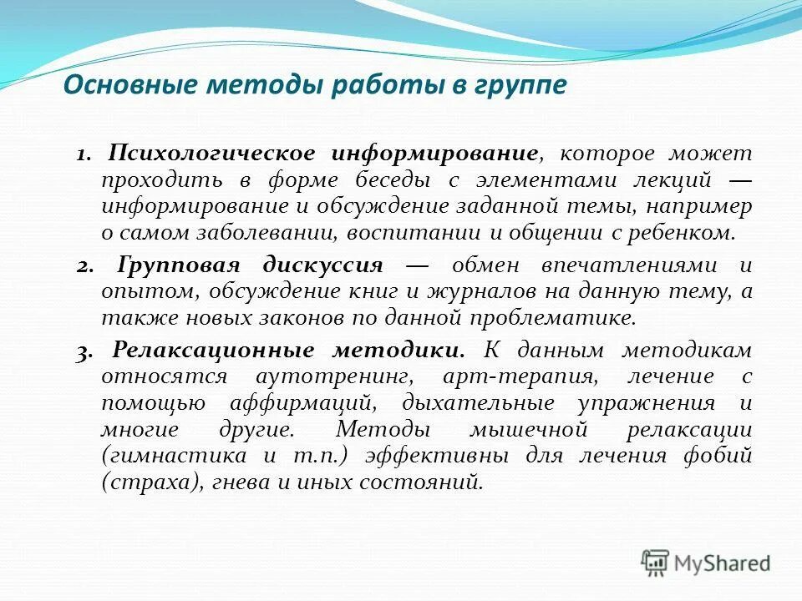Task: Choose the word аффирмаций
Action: [x=302, y=403]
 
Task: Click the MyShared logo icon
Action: [x=656, y=563]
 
